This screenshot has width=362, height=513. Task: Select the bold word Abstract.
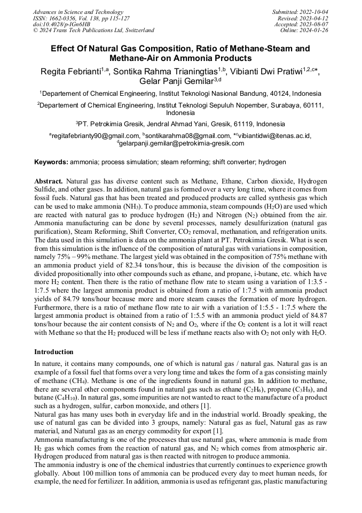tap(49, 181)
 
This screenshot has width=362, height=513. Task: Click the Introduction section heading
tap(54, 352)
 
